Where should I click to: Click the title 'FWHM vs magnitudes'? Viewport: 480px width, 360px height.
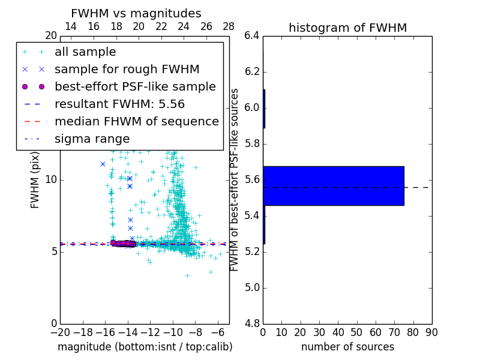click(136, 13)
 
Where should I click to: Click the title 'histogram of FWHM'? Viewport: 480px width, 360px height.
click(347, 28)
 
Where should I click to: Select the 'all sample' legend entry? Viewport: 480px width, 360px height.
click(85, 52)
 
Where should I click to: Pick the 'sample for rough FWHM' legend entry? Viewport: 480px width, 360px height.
click(127, 70)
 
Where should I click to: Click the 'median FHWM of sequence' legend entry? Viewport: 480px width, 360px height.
click(136, 121)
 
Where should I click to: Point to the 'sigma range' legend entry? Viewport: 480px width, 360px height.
click(92, 139)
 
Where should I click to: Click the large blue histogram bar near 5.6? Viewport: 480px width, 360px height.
click(334, 185)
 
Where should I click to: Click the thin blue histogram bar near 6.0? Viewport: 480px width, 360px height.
click(264, 109)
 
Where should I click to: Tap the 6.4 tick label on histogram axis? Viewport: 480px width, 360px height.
click(252, 36)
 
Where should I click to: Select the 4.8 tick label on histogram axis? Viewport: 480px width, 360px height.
click(252, 323)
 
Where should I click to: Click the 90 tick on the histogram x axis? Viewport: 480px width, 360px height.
click(431, 332)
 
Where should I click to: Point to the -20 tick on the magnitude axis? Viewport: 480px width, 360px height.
click(60, 332)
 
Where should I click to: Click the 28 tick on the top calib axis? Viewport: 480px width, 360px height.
click(229, 26)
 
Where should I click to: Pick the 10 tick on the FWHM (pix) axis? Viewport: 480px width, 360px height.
click(50, 179)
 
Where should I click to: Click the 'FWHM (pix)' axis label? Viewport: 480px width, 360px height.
click(35, 179)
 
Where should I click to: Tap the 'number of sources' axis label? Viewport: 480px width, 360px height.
click(347, 347)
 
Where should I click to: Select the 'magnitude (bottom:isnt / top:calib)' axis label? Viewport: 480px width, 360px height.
click(145, 347)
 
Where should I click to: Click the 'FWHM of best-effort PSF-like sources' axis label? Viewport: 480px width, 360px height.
click(235, 179)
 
